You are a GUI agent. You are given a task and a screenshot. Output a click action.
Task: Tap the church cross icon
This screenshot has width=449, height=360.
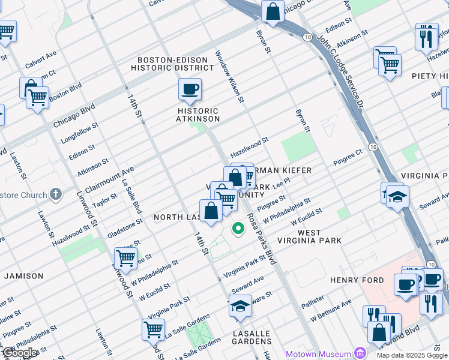click(55, 194)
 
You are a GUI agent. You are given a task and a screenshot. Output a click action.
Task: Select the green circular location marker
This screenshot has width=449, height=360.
click(238, 228)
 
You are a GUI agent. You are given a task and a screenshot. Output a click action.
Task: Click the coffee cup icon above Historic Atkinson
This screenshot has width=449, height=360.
click(190, 90)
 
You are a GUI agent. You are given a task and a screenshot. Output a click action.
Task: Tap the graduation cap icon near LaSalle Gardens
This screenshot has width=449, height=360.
click(240, 306)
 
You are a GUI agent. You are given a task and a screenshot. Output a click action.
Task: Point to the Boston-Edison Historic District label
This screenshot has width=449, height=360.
click(176, 64)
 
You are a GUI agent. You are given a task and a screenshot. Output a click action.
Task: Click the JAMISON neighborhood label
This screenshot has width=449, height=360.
click(24, 276)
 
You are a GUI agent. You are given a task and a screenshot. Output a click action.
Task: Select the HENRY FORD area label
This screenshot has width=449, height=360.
click(353, 280)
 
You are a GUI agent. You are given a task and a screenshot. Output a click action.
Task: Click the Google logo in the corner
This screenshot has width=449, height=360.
click(19, 353)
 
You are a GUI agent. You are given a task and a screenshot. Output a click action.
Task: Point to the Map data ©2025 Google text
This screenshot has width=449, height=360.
click(411, 355)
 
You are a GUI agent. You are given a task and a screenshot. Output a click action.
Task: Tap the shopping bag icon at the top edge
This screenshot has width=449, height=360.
click(273, 11)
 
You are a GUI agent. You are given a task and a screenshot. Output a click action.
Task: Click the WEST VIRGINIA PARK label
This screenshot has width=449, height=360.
click(319, 236)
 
